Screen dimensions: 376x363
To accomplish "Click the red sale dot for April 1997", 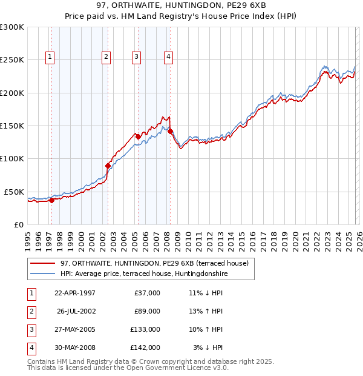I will pos(51,200).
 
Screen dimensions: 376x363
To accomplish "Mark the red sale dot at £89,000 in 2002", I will pos(108,166).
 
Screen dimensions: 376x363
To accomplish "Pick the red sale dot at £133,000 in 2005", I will pos(138,136).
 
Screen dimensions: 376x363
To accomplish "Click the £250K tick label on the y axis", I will pos(12,60).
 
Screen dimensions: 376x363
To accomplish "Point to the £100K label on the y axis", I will pos(12,158).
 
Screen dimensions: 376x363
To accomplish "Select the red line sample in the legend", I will pos(42,263).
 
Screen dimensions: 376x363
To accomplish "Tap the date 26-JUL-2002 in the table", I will pos(76,311).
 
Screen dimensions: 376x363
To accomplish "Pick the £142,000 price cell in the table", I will pos(145,347).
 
